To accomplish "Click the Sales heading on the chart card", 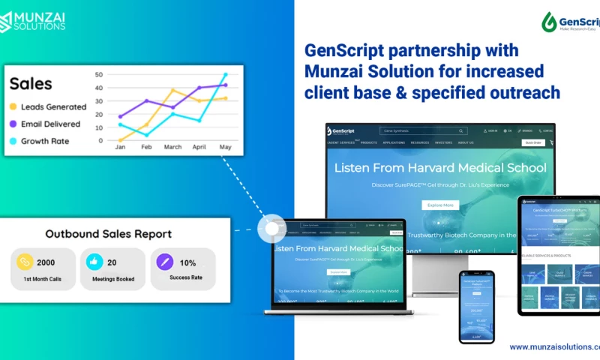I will (31, 84).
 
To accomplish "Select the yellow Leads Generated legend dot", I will (13, 106).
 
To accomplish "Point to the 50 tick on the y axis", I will (99, 75).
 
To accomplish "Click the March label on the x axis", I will (172, 148).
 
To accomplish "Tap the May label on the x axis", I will (225, 148).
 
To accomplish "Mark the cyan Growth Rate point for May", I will (225, 75).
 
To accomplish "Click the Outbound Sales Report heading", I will (108, 234).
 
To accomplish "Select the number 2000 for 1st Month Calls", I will (46, 262).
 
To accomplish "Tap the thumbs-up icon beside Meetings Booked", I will (94, 262).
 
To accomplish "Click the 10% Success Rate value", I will (188, 262).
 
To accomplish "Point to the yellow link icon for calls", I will (25, 262).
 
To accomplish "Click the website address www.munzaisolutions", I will (554, 347).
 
